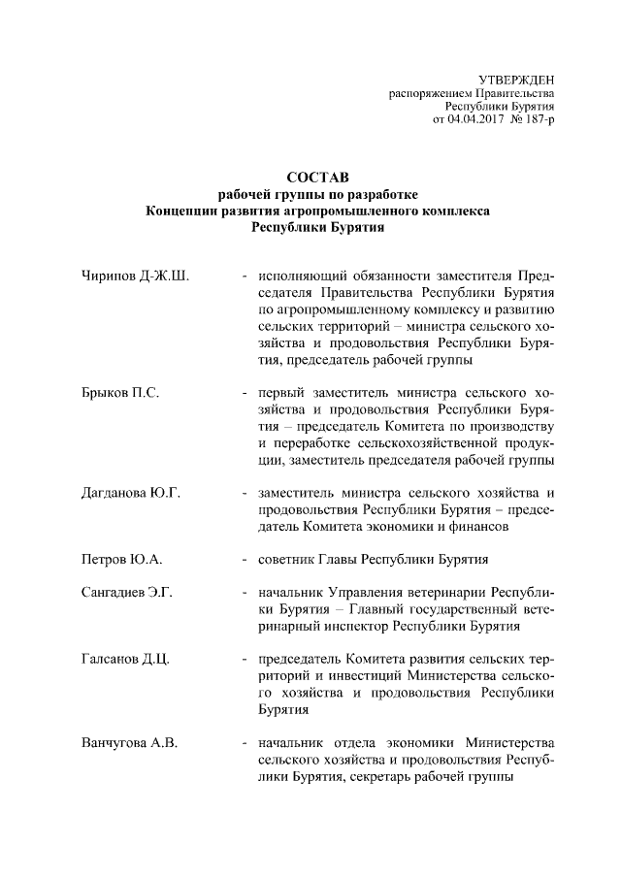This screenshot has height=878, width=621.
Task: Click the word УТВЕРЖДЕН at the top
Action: tap(515, 79)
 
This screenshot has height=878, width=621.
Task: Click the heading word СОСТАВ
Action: tap(311, 178)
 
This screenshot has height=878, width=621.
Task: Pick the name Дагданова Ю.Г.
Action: tap(131, 492)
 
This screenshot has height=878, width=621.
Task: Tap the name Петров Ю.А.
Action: tap(121, 560)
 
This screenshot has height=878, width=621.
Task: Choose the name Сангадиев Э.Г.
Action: tap(126, 593)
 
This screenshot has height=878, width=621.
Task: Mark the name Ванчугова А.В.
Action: tap(129, 744)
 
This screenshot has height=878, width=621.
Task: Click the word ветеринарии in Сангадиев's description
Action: tap(447, 593)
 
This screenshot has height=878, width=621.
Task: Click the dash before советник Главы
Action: tap(245, 560)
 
